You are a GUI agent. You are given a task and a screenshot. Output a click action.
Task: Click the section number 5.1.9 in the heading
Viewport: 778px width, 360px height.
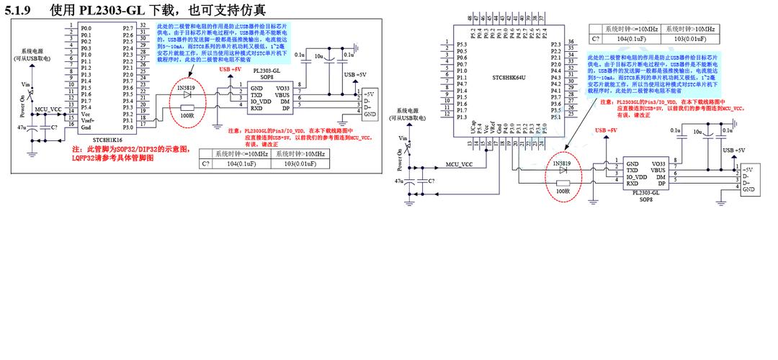20,10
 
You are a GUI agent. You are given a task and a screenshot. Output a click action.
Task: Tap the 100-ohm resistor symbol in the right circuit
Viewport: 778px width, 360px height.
563,184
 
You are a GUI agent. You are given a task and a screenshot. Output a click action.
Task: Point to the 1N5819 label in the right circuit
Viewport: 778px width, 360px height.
562,163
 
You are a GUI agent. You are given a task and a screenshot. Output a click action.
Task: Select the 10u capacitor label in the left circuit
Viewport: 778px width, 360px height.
319,55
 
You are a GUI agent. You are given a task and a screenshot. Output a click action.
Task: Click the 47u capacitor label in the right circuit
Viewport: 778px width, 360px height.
398,181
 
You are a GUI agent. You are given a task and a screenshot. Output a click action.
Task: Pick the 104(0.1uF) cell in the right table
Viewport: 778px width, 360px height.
624,39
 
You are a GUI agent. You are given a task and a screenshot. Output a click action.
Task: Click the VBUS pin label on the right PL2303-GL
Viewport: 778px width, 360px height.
658,171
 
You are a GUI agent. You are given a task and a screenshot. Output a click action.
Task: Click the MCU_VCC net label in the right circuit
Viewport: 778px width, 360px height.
459,164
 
